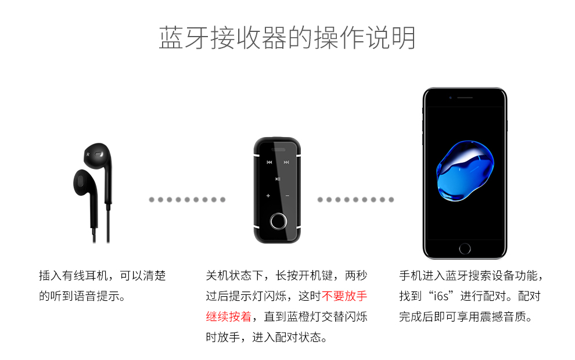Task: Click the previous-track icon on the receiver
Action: (269, 163)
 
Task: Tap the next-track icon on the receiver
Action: (286, 163)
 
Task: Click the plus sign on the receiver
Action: (268, 196)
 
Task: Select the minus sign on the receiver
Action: (287, 196)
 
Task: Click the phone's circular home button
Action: (465, 249)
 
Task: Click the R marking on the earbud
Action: (88, 154)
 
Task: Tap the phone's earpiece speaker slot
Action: (465, 97)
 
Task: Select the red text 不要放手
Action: (344, 296)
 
